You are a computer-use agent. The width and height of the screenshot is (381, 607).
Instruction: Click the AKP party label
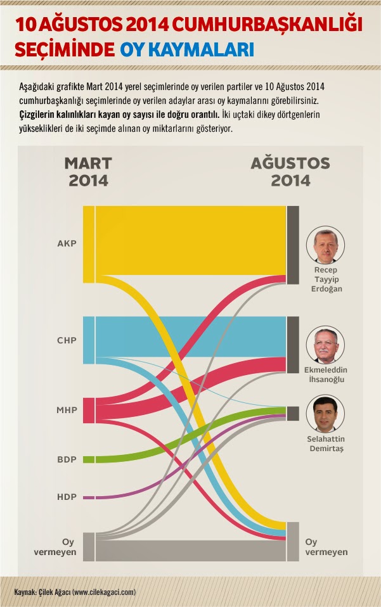(x=67, y=243)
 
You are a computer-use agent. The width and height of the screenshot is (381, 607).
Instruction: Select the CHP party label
(x=67, y=340)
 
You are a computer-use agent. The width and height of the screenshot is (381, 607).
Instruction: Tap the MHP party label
(x=67, y=410)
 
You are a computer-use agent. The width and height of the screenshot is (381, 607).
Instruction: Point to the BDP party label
(x=67, y=459)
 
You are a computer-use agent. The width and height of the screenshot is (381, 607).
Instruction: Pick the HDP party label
(x=67, y=497)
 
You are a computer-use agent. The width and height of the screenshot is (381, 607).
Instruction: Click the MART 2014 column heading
(x=88, y=172)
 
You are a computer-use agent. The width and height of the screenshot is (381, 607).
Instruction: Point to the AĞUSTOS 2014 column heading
(x=290, y=172)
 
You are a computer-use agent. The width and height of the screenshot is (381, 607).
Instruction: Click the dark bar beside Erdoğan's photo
(x=292, y=245)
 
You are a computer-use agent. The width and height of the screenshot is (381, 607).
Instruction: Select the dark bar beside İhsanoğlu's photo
(x=292, y=345)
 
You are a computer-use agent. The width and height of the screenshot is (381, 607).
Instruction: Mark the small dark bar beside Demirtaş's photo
(x=292, y=413)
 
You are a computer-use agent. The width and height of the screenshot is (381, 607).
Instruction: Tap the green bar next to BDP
(x=89, y=459)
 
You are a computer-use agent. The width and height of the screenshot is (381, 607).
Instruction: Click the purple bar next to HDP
(x=88, y=497)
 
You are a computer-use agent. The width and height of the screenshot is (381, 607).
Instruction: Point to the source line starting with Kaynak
(x=75, y=592)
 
